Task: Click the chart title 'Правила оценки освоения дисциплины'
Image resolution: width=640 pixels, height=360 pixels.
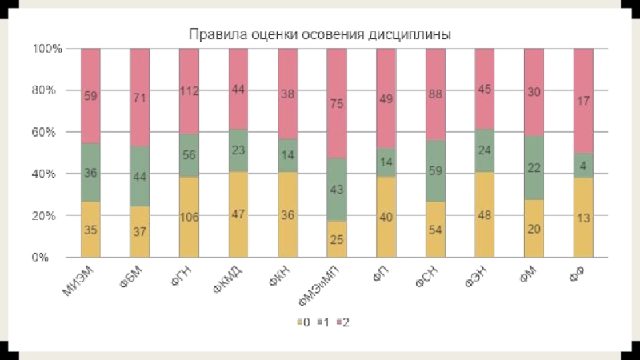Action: pyautogui.click(x=319, y=35)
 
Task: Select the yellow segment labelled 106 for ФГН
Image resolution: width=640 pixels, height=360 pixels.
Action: pyautogui.click(x=189, y=217)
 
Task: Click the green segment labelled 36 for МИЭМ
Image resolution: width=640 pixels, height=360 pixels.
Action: pyautogui.click(x=90, y=172)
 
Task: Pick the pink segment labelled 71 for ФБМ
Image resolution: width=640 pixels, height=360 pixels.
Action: pyautogui.click(x=140, y=97)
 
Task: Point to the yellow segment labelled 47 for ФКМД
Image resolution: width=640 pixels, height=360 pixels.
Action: pyautogui.click(x=238, y=214)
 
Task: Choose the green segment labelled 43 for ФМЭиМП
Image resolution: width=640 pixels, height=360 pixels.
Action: pyautogui.click(x=337, y=190)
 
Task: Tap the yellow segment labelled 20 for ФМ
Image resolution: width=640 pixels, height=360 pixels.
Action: pyautogui.click(x=534, y=229)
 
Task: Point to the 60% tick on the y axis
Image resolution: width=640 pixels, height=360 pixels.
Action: pyautogui.click(x=44, y=132)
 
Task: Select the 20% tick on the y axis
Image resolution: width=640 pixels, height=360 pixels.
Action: pyautogui.click(x=44, y=216)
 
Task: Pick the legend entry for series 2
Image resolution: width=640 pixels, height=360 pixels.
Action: pyautogui.click(x=342, y=322)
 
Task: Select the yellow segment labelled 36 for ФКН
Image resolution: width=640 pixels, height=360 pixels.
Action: pyautogui.click(x=287, y=214)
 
